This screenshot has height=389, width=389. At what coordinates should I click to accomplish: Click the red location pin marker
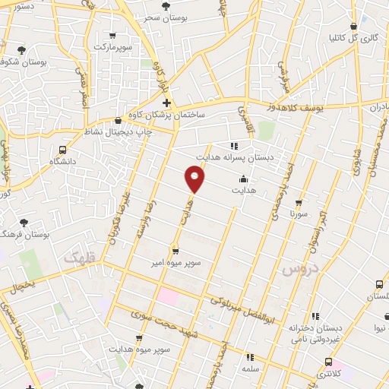click(x=195, y=179)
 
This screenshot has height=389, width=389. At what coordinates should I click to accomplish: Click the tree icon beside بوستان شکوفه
click(x=23, y=51)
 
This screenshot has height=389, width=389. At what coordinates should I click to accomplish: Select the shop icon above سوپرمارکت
click(x=112, y=36)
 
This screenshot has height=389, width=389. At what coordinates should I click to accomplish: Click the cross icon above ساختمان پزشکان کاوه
click(x=166, y=103)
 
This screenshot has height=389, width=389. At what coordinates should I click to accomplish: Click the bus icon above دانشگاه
click(x=62, y=150)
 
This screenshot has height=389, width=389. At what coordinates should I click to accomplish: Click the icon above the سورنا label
click(x=298, y=203)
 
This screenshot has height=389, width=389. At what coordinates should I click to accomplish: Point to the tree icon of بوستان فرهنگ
click(x=24, y=222)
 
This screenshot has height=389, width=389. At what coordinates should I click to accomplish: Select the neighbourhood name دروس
click(x=297, y=269)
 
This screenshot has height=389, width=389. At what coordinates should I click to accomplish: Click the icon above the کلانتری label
click(x=328, y=362)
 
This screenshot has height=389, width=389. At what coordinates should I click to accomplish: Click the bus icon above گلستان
click(x=379, y=284)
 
